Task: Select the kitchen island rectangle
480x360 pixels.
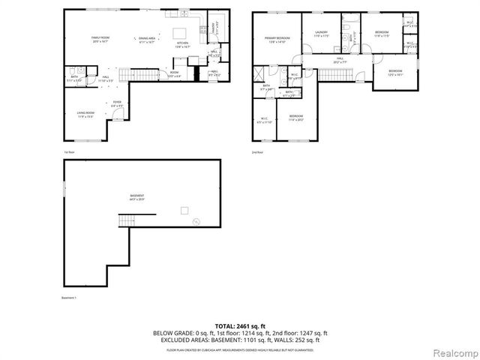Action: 180,34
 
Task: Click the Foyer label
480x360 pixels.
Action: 117,103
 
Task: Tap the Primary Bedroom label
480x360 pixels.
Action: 277,40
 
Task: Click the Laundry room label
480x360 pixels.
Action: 322,34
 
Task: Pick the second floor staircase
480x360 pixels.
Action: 334,73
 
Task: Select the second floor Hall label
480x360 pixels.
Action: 339,59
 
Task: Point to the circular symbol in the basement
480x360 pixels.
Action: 196,221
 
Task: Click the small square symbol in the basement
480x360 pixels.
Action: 183,211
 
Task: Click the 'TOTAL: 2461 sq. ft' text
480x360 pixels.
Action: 239,326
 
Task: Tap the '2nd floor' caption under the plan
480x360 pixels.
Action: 257,152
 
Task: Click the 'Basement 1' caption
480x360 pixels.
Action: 70,298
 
